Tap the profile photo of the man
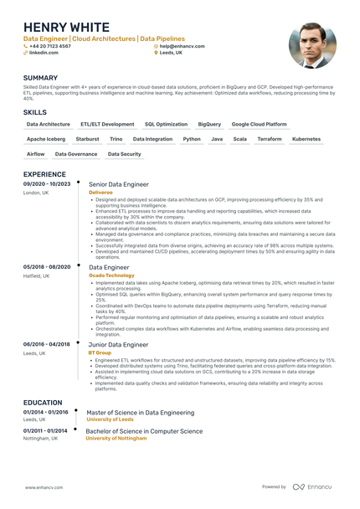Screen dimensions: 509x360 (x=311, y=45)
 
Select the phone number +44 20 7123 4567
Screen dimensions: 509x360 (x=50, y=46)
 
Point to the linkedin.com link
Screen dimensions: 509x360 (x=44, y=52)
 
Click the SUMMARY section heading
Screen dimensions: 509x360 (x=41, y=78)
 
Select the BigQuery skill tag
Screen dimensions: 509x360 (x=209, y=124)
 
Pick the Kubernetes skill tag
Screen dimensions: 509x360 (x=306, y=139)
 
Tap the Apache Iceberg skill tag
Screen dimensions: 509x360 (x=46, y=139)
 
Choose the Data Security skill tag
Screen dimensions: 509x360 (x=125, y=154)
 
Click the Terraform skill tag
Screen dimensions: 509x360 (x=270, y=139)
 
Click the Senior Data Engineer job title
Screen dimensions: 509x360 (x=119, y=184)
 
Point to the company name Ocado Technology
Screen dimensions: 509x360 (x=111, y=275)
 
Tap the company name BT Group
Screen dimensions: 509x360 (x=99, y=352)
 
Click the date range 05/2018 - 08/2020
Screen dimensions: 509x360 (x=47, y=266)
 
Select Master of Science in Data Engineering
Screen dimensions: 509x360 (x=141, y=413)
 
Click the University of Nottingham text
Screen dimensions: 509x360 (x=122, y=437)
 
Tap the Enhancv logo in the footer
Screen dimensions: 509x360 (x=313, y=486)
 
